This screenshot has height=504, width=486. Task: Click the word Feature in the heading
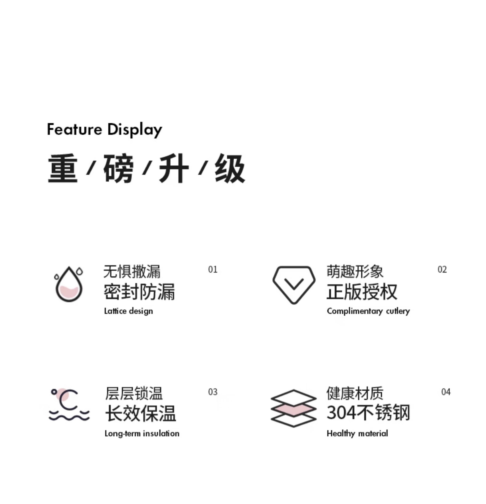(x=74, y=129)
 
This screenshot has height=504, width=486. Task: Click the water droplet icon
(x=69, y=284)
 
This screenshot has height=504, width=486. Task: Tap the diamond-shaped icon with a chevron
(x=294, y=285)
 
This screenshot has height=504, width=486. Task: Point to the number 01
(x=213, y=269)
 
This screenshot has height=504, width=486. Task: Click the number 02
(x=442, y=269)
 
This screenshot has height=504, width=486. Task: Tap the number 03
(x=213, y=392)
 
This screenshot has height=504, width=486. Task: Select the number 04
(x=446, y=392)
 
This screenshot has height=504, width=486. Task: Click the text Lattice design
(x=128, y=311)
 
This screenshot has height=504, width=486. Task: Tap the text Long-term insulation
(x=142, y=434)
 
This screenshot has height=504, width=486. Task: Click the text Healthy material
(x=357, y=434)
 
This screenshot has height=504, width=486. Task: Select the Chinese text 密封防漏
(x=139, y=292)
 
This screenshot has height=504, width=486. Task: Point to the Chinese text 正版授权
(x=362, y=292)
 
